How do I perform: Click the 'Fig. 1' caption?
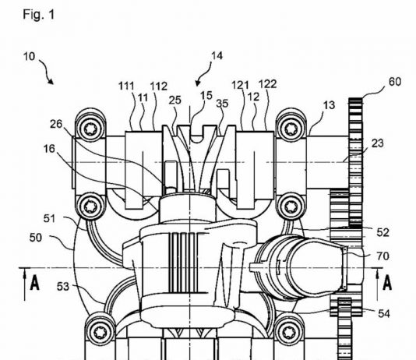coord(38,14)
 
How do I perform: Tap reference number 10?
coord(29,56)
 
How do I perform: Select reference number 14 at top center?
coord(217,55)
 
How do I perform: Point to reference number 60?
coord(395,82)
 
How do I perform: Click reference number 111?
coord(126,86)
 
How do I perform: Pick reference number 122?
coord(267,84)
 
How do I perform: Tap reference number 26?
coord(56,124)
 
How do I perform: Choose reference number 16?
coord(49,149)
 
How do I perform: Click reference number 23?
coord(378,143)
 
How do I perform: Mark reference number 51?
coord(49,219)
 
